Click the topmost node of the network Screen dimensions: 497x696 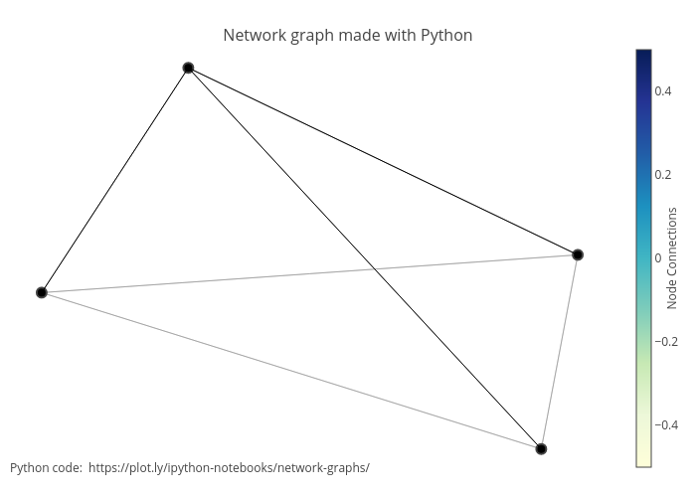click(x=188, y=68)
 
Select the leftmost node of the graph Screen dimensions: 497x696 click(x=42, y=292)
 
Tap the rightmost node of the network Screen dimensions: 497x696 click(x=578, y=254)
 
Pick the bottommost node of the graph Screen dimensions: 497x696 click(x=541, y=448)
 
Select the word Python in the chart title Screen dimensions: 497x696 click(x=445, y=36)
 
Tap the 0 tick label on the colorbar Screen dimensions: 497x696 click(x=658, y=257)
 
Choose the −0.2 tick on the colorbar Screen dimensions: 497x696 click(x=665, y=341)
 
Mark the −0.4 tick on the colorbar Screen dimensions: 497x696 click(x=665, y=424)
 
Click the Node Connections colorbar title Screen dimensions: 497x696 click(x=673, y=257)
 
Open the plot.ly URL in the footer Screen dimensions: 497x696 click(x=229, y=467)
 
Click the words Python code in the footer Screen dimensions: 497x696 click(x=46, y=467)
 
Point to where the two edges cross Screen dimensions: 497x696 click(x=375, y=267)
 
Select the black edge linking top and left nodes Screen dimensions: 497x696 click(x=114, y=180)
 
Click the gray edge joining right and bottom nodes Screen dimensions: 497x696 click(x=559, y=352)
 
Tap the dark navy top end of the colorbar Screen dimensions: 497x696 click(x=643, y=56)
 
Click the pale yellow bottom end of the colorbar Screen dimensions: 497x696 click(x=643, y=459)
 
